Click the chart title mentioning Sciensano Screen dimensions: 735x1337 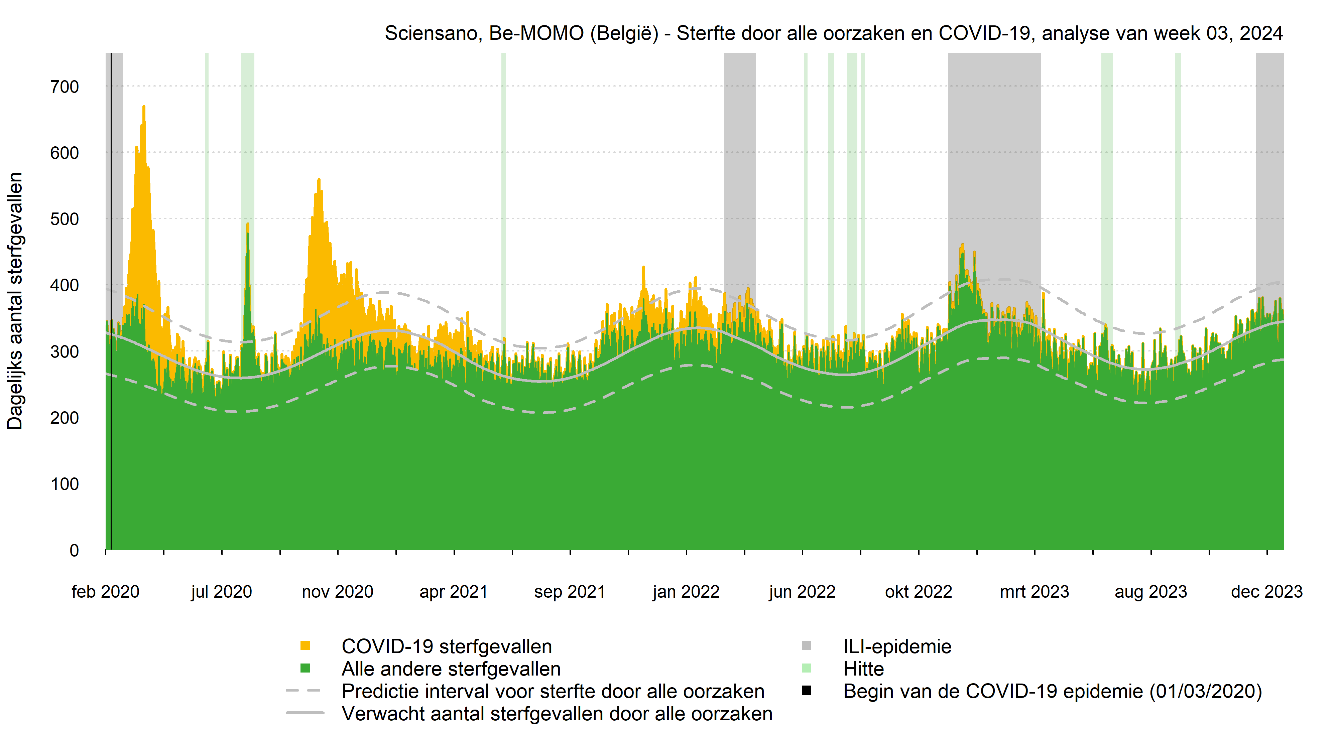[833, 33]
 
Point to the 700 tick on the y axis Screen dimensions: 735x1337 [65, 87]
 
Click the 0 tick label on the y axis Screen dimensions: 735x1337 [74, 550]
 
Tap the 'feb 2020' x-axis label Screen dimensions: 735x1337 [105, 592]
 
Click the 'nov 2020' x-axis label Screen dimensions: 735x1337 [337, 592]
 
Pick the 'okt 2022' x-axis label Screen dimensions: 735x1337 [918, 592]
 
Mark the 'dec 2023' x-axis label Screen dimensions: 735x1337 [1266, 592]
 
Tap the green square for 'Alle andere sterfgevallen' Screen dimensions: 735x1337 [305, 669]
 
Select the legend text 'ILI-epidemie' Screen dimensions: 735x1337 [897, 647]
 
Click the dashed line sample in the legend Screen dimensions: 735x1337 [305, 691]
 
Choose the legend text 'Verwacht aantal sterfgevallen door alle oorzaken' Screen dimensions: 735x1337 [557, 714]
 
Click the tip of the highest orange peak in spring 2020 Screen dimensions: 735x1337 [144, 106]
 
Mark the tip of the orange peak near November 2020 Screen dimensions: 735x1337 [319, 179]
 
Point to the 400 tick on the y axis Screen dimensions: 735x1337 [65, 285]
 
